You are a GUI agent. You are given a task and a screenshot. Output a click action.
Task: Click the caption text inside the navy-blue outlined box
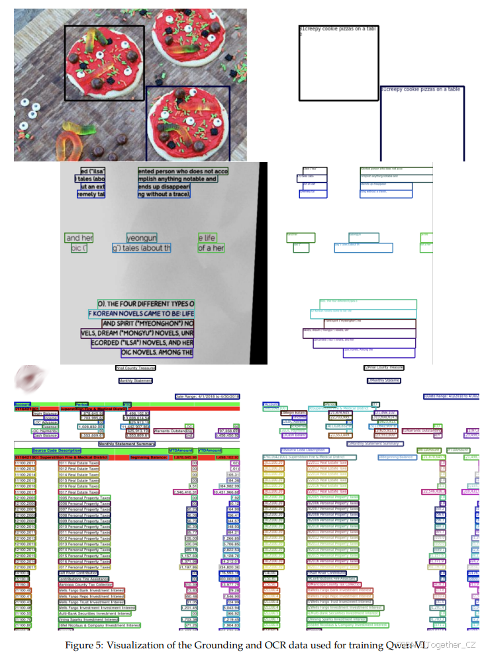point(420,89)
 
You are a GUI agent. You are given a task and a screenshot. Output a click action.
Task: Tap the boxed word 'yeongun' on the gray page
point(142,238)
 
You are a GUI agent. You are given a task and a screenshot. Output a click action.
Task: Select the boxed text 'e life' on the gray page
point(208,238)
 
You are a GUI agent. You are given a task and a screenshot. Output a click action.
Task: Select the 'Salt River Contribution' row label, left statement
point(79,573)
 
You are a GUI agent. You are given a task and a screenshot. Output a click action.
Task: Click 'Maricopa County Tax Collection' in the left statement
point(87,585)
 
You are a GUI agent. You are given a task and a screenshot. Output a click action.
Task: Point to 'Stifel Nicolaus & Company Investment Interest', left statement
point(99,625)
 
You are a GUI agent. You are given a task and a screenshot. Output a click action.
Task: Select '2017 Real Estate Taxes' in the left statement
point(79,492)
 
